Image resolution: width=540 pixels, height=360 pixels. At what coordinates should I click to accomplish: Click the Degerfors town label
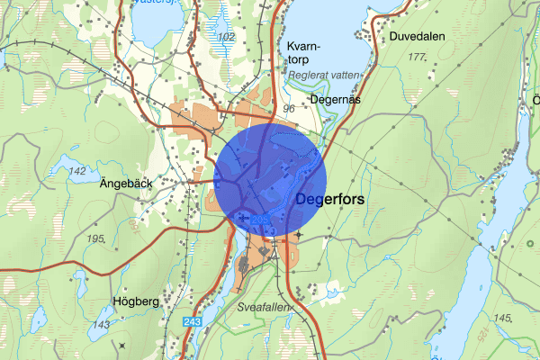[329, 201]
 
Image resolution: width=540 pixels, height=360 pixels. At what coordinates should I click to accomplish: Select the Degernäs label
[334, 100]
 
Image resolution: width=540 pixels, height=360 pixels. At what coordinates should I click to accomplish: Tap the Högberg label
[136, 301]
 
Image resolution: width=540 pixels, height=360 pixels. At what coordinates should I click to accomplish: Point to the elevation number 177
[417, 57]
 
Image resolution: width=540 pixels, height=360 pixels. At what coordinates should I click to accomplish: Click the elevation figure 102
[226, 36]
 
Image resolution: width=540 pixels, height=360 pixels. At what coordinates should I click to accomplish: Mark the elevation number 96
[289, 109]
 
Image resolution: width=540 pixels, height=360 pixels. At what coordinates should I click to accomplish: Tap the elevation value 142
[77, 171]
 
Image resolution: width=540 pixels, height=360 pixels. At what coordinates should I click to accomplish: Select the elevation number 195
[98, 238]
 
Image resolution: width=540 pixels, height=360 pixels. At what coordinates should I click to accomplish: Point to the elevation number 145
[502, 318]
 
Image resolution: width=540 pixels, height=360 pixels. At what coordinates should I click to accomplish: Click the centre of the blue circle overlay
[270, 181]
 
